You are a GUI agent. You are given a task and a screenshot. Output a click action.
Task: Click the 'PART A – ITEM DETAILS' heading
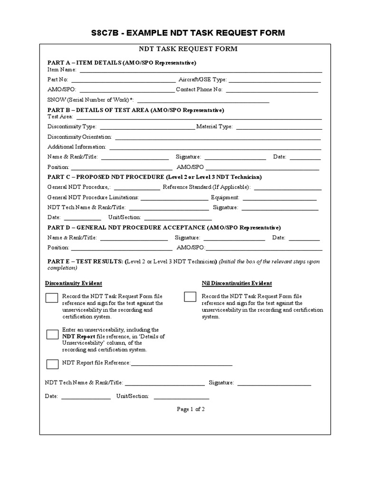(x=122, y=63)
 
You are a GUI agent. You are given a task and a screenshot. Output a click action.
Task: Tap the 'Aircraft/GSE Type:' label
(x=202, y=80)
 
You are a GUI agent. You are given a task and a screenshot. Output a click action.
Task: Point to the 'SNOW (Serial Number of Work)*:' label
(x=91, y=100)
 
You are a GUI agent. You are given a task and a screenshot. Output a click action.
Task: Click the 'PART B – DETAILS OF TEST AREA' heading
(x=135, y=110)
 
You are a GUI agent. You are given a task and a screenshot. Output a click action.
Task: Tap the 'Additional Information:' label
(x=77, y=147)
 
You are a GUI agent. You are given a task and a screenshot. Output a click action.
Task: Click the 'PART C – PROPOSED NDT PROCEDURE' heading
(x=154, y=177)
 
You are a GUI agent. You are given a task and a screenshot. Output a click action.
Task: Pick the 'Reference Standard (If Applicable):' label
(x=206, y=187)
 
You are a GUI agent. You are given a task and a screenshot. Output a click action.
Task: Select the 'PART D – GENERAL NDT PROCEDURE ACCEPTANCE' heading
(x=164, y=227)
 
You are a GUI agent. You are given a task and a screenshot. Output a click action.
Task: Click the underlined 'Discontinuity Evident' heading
(x=74, y=283)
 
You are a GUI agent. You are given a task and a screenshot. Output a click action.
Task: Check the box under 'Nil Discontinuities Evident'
(x=190, y=297)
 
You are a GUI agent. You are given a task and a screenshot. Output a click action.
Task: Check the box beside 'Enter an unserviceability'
(x=52, y=334)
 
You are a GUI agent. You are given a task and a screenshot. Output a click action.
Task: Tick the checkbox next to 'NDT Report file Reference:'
(x=52, y=364)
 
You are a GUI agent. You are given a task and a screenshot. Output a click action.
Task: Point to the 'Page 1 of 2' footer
(x=191, y=409)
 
